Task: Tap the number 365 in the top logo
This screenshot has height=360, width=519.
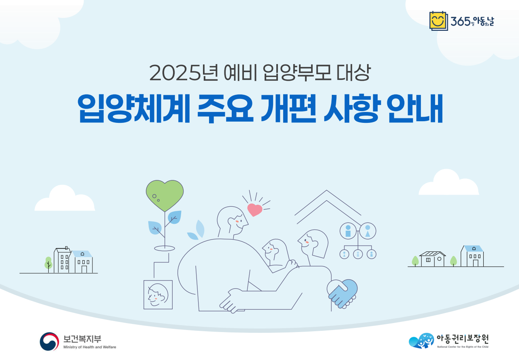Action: click(460, 21)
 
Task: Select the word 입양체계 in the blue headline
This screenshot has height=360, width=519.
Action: click(134, 108)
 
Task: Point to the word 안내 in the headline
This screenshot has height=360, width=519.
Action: click(415, 108)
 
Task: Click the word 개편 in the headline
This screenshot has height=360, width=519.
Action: click(288, 108)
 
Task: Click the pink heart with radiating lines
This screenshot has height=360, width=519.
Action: click(254, 210)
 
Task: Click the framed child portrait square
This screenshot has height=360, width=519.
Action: click(158, 295)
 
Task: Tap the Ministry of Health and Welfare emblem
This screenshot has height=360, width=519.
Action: click(49, 341)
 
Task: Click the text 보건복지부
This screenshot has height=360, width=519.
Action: click(82, 339)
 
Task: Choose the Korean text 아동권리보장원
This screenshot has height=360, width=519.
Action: click(462, 339)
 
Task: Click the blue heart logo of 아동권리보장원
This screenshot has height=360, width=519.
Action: click(421, 341)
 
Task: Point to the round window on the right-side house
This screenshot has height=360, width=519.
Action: click(439, 259)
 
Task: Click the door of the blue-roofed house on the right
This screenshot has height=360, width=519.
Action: click(475, 263)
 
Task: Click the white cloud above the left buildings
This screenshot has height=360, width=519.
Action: click(65, 199)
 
